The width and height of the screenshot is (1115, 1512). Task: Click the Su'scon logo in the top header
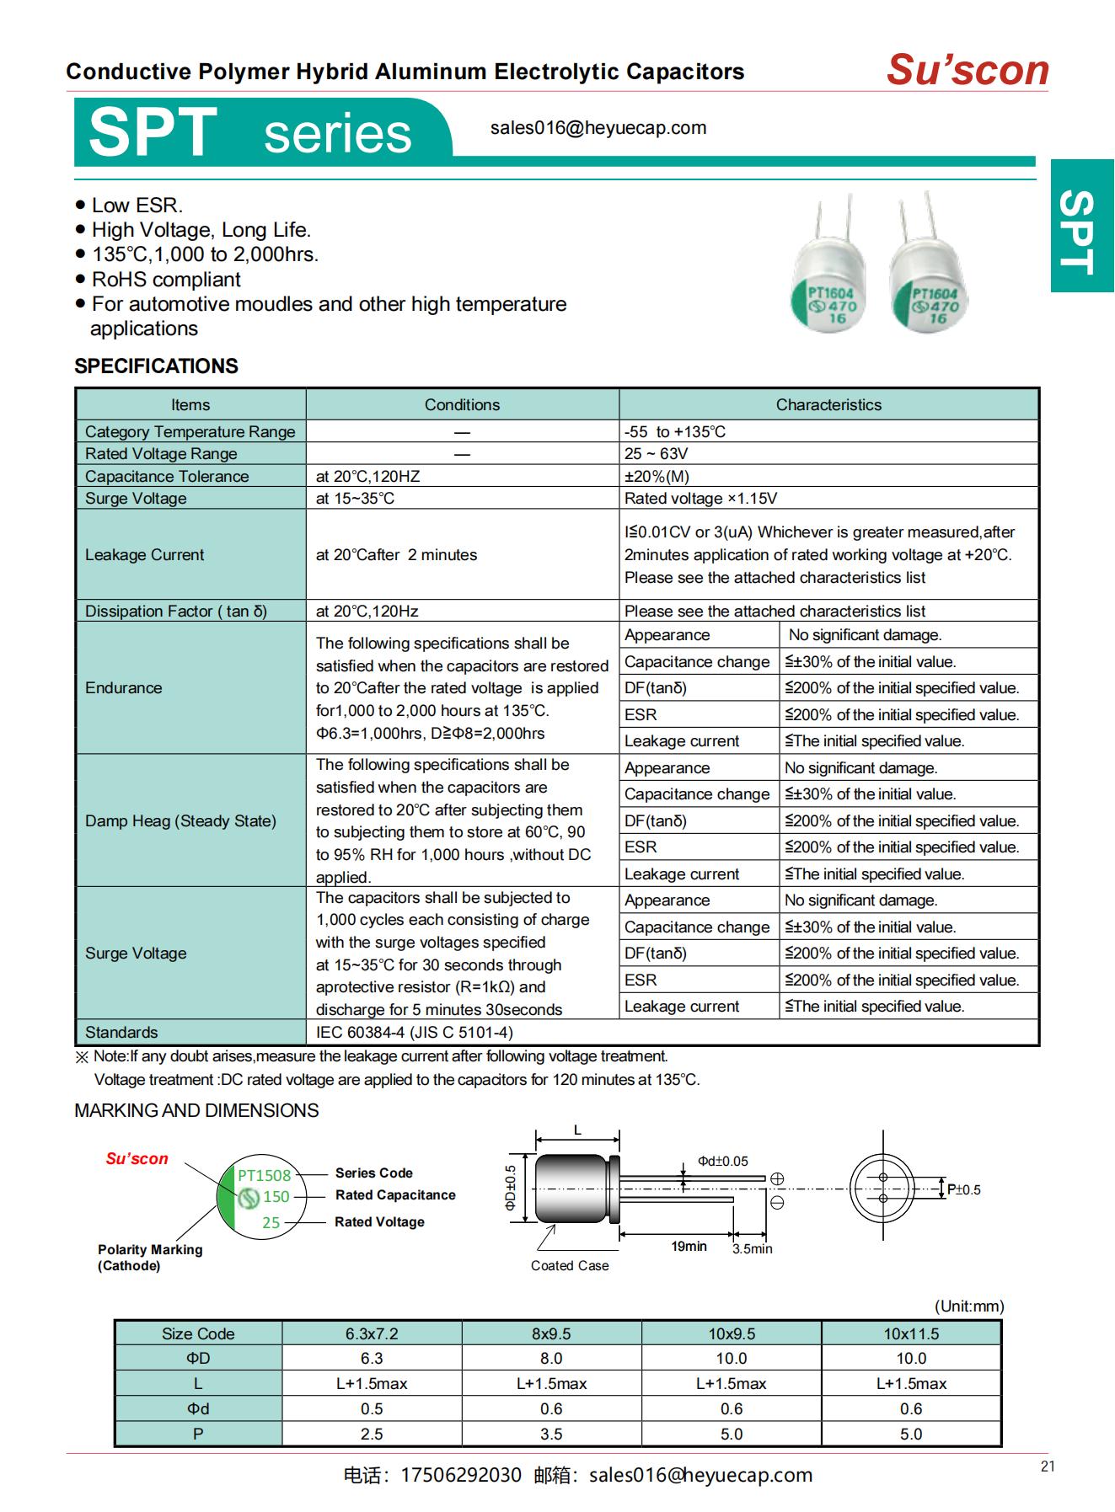(x=967, y=70)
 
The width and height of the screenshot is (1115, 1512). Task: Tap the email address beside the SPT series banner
(x=598, y=128)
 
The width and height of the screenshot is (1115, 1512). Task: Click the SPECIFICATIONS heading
(x=156, y=366)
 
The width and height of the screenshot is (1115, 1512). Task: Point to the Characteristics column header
(x=828, y=404)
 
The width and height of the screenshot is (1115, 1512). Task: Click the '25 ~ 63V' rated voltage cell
(x=656, y=453)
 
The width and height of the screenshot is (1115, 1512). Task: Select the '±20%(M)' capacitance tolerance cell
(x=657, y=476)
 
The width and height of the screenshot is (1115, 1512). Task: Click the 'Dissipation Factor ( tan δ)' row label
(x=175, y=611)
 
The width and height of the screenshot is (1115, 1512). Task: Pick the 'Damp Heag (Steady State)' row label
(x=180, y=820)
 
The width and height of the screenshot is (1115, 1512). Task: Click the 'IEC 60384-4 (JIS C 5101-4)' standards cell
(x=414, y=1032)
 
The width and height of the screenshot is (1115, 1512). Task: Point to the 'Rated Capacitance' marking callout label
(x=394, y=1194)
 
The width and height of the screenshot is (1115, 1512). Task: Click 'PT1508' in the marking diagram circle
(x=264, y=1175)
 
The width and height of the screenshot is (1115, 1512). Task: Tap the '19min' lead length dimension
(x=689, y=1246)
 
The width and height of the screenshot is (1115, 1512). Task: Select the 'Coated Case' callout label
(x=569, y=1265)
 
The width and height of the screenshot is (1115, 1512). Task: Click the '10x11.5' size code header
(x=910, y=1333)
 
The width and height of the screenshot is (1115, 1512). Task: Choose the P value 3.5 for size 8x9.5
(x=551, y=1434)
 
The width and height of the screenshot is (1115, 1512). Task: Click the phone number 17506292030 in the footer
(x=461, y=1475)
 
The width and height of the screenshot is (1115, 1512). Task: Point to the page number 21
(x=1048, y=1467)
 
